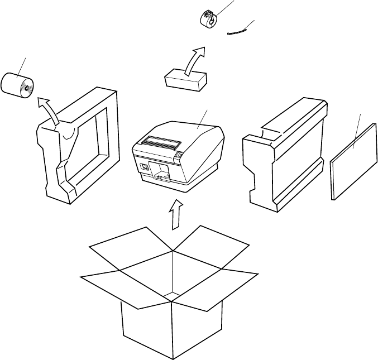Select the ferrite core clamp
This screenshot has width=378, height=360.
[209, 18]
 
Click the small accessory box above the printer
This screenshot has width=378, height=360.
[186, 79]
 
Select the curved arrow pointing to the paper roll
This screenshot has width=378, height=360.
[50, 109]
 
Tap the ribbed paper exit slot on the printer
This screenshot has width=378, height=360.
[160, 143]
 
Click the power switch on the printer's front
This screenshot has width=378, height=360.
[144, 167]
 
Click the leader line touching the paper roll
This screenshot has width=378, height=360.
[22, 66]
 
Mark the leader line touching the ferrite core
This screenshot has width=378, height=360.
[223, 8]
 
